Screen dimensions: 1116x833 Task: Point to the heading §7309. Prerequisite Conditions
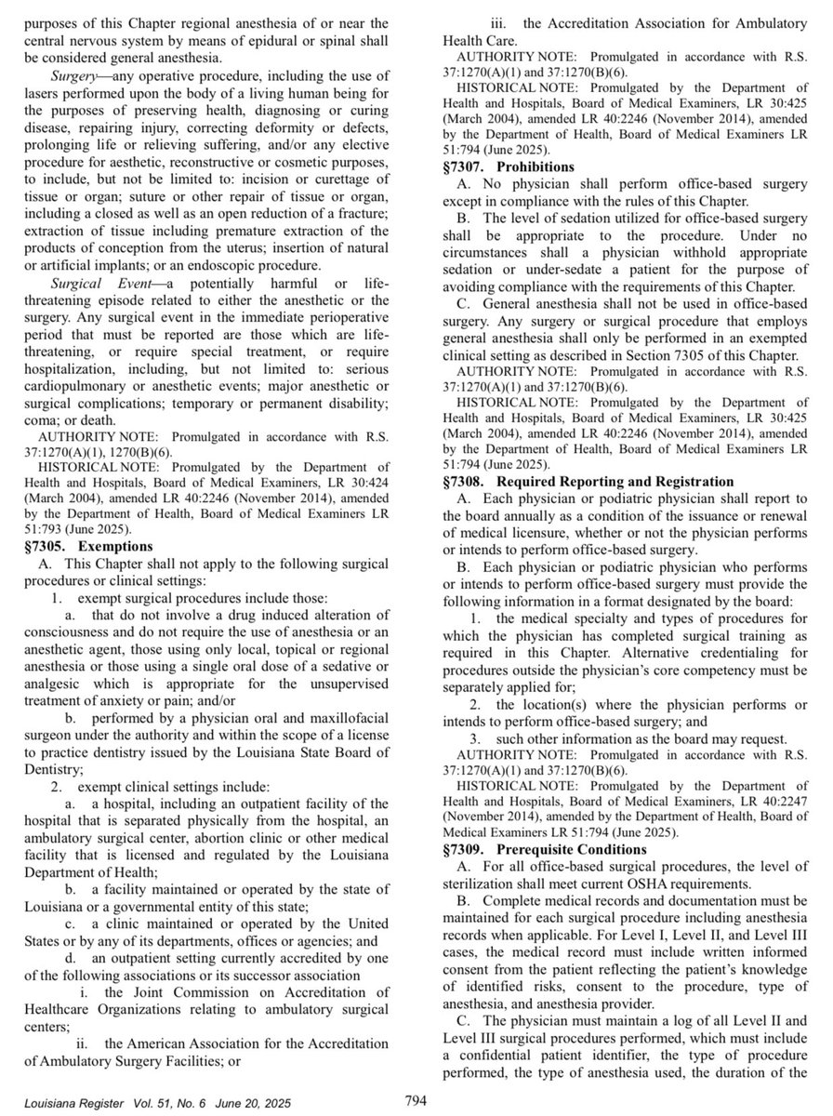coord(535,850)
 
